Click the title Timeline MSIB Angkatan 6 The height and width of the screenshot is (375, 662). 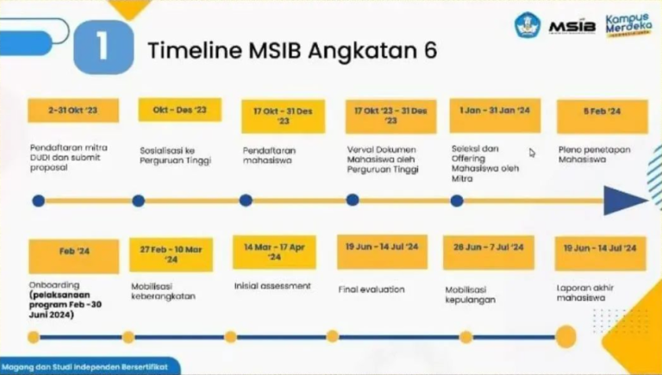pyautogui.click(x=292, y=50)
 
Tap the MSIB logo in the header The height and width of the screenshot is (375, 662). pyautogui.click(x=571, y=25)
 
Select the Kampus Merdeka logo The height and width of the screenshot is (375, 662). pyautogui.click(x=628, y=25)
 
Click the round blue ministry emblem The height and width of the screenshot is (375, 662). pyautogui.click(x=529, y=25)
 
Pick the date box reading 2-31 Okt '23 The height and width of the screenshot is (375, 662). pyautogui.click(x=72, y=110)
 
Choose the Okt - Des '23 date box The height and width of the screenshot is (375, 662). pyautogui.click(x=179, y=110)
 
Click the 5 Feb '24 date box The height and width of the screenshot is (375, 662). pyautogui.click(x=602, y=111)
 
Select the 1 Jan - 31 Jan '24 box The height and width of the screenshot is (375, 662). pyautogui.click(x=495, y=110)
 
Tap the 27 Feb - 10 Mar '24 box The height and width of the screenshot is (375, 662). pyautogui.click(x=171, y=253)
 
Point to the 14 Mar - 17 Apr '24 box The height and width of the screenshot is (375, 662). pyautogui.click(x=273, y=252)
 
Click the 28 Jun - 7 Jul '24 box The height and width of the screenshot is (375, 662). pyautogui.click(x=488, y=248)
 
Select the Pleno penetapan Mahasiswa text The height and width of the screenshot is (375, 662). pyautogui.click(x=594, y=154)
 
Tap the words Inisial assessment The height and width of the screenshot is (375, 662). pyautogui.click(x=272, y=285)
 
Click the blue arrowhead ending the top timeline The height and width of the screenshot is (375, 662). pyautogui.click(x=624, y=201)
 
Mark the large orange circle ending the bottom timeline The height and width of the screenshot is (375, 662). pyautogui.click(x=566, y=337)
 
